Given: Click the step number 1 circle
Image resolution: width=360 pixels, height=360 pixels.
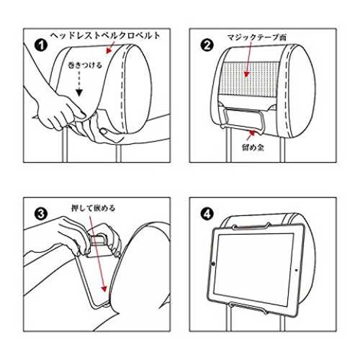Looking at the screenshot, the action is click(41, 45).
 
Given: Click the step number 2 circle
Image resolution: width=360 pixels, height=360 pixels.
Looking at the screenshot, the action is click(207, 45).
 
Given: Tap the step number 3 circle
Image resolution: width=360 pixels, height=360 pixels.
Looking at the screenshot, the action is click(41, 213).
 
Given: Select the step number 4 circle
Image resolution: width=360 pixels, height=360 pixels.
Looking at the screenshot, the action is click(207, 213).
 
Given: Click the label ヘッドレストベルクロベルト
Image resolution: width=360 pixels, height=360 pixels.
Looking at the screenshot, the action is click(105, 36).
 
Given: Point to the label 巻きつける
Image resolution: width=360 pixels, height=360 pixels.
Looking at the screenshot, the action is click(85, 65).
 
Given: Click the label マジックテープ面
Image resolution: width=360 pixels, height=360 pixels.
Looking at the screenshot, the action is click(256, 37).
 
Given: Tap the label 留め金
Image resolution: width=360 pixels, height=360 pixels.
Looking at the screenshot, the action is click(253, 147).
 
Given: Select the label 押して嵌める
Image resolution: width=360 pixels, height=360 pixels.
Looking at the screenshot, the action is click(94, 208).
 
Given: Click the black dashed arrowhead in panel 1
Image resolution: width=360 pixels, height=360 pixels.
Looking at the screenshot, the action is click(79, 93).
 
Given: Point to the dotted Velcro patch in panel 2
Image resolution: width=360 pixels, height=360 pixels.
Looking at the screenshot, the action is click(249, 79).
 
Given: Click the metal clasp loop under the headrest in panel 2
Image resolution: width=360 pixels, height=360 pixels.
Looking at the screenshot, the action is click(243, 119).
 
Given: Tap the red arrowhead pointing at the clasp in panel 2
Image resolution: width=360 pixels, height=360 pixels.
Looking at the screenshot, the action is click(251, 132).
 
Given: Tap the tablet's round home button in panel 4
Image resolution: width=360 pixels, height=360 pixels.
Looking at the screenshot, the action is click(213, 264).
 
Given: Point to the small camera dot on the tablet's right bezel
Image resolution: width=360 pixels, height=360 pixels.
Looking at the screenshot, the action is click(296, 270).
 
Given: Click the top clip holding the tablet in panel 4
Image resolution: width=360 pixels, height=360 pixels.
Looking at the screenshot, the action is click(251, 226).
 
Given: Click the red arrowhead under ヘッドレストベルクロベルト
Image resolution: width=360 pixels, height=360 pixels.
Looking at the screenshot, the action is click(109, 50).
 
